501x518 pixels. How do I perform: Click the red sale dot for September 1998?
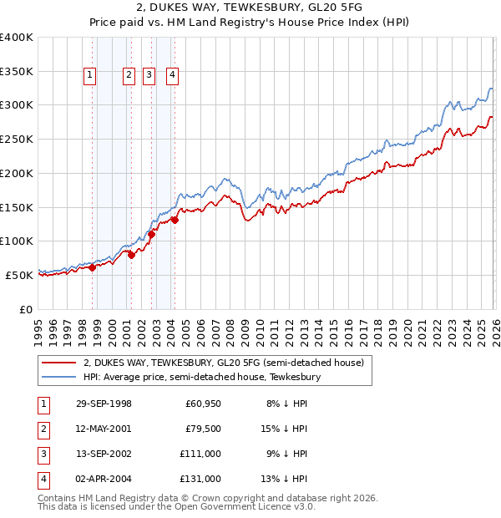click(93, 267)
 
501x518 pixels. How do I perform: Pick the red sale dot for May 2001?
click(131, 255)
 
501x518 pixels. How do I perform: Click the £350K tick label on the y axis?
click(16, 72)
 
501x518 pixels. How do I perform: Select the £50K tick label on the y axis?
click(19, 275)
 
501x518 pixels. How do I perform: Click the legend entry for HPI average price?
click(201, 378)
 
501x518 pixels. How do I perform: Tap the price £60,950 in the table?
click(202, 404)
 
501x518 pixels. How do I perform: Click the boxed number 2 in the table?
click(42, 429)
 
